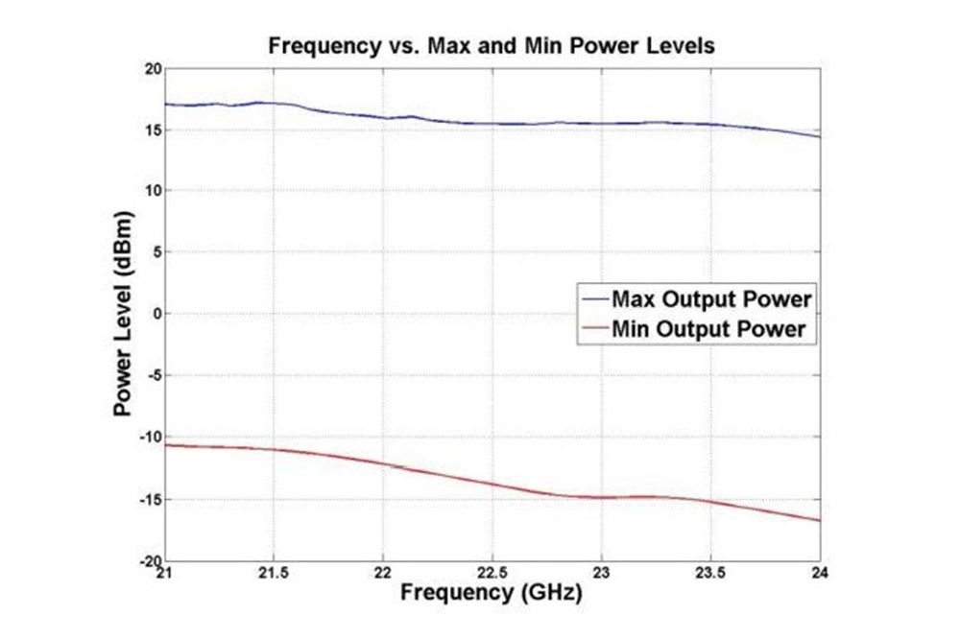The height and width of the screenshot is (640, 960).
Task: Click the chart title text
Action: click(x=491, y=46)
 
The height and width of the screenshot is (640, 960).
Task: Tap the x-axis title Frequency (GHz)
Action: click(x=491, y=592)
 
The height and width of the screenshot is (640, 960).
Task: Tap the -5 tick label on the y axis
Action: click(x=152, y=375)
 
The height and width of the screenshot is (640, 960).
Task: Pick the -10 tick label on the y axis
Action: click(x=148, y=437)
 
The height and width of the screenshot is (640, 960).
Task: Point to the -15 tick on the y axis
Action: click(x=148, y=499)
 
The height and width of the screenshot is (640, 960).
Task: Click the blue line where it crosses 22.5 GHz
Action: click(x=492, y=124)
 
